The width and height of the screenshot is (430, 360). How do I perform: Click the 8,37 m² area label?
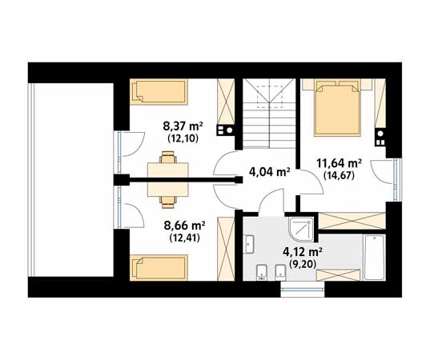(183, 127)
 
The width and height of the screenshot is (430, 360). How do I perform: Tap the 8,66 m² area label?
(184, 226)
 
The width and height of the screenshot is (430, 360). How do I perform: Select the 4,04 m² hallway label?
(270, 172)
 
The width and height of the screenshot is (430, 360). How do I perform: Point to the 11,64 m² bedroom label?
(339, 163)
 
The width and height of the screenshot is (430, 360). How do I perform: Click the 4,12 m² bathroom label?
(302, 252)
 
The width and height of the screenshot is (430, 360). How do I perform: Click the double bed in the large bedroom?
(337, 108)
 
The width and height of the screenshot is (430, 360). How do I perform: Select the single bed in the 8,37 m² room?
(159, 92)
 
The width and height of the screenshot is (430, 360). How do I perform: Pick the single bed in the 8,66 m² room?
(159, 268)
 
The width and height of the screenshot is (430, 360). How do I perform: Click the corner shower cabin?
(301, 229)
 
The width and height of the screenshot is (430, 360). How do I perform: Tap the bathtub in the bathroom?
(374, 257)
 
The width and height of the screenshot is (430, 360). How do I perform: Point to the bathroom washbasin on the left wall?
(249, 244)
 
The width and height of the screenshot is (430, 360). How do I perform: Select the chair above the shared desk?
(168, 158)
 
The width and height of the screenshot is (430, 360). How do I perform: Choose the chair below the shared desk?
(168, 202)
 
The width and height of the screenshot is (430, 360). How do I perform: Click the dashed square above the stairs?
(270, 97)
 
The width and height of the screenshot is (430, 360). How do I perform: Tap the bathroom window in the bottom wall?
(303, 290)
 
